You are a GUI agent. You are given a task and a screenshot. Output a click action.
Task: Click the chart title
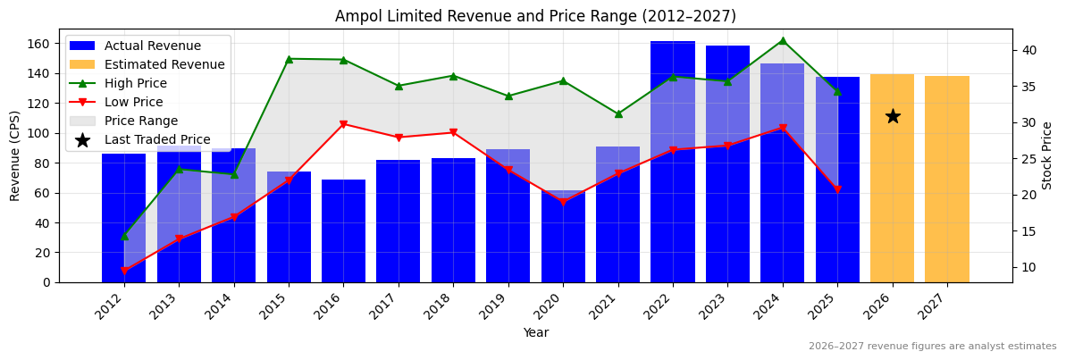tap(535, 16)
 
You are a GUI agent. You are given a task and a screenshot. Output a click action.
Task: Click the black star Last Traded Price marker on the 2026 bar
tap(892, 116)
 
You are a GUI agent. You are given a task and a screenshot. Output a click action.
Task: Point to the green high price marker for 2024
tap(782, 40)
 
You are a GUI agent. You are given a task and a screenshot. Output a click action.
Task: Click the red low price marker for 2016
tap(343, 124)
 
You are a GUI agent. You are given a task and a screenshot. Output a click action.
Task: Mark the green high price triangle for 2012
tap(124, 236)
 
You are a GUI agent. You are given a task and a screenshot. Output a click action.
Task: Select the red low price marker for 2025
tap(837, 189)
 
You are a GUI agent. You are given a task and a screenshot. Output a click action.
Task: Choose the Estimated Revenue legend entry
tap(164, 64)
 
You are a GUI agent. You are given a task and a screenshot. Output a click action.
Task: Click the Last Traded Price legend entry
tap(157, 139)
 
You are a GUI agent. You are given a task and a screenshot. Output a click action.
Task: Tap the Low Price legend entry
tap(134, 102)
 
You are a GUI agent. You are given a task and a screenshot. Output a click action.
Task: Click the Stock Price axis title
tap(1047, 155)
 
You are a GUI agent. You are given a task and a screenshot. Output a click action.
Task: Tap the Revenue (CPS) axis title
tap(15, 155)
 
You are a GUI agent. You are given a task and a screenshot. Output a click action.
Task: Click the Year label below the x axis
tap(535, 332)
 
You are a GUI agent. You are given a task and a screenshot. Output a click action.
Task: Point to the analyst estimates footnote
tap(932, 347)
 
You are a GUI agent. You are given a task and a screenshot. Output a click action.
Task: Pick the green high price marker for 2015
tap(289, 59)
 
